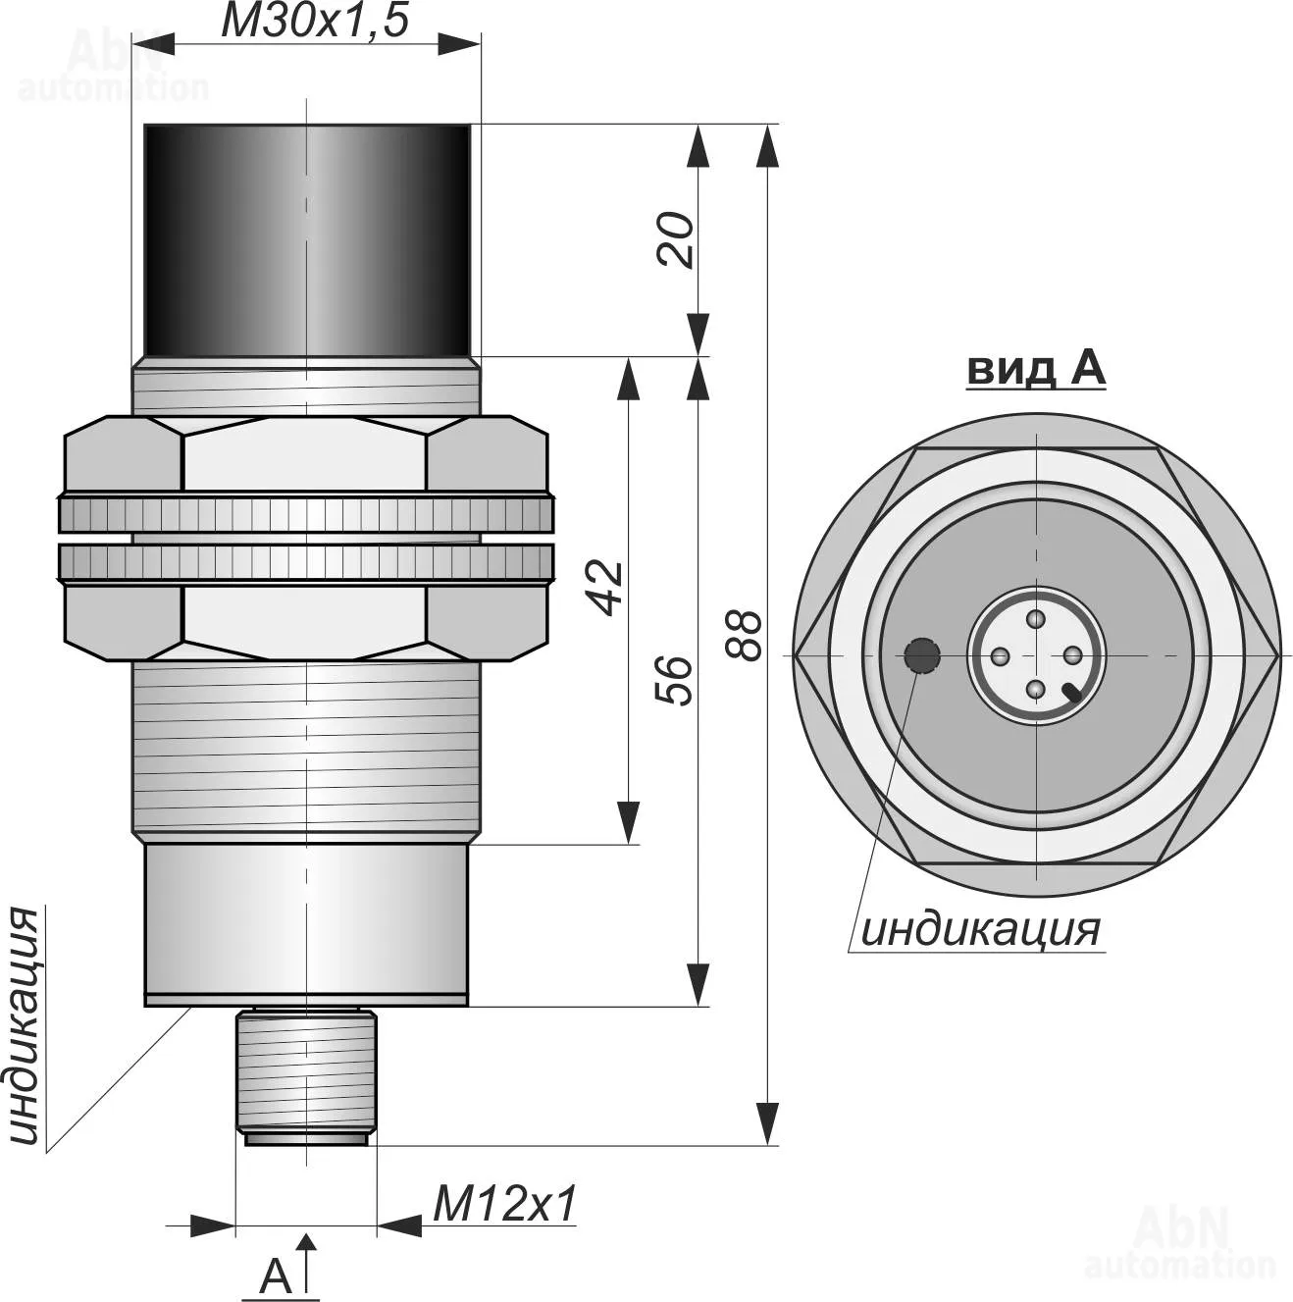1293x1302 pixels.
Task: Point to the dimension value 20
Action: pos(676,240)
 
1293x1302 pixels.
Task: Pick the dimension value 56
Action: pos(676,680)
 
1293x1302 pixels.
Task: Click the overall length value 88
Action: pos(743,635)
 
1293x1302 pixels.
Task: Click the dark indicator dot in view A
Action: pos(922,654)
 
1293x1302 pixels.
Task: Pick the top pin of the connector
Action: pos(1036,618)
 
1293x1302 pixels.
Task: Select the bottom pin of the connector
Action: pos(1036,691)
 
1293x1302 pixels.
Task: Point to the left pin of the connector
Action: pos(1000,654)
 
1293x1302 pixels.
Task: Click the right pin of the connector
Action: pos(1072,654)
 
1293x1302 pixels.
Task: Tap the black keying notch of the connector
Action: pos(1071,693)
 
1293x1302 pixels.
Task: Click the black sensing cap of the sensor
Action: pos(307,239)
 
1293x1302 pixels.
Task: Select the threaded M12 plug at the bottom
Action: pos(306,1073)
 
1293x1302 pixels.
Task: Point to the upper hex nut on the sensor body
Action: pos(306,453)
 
